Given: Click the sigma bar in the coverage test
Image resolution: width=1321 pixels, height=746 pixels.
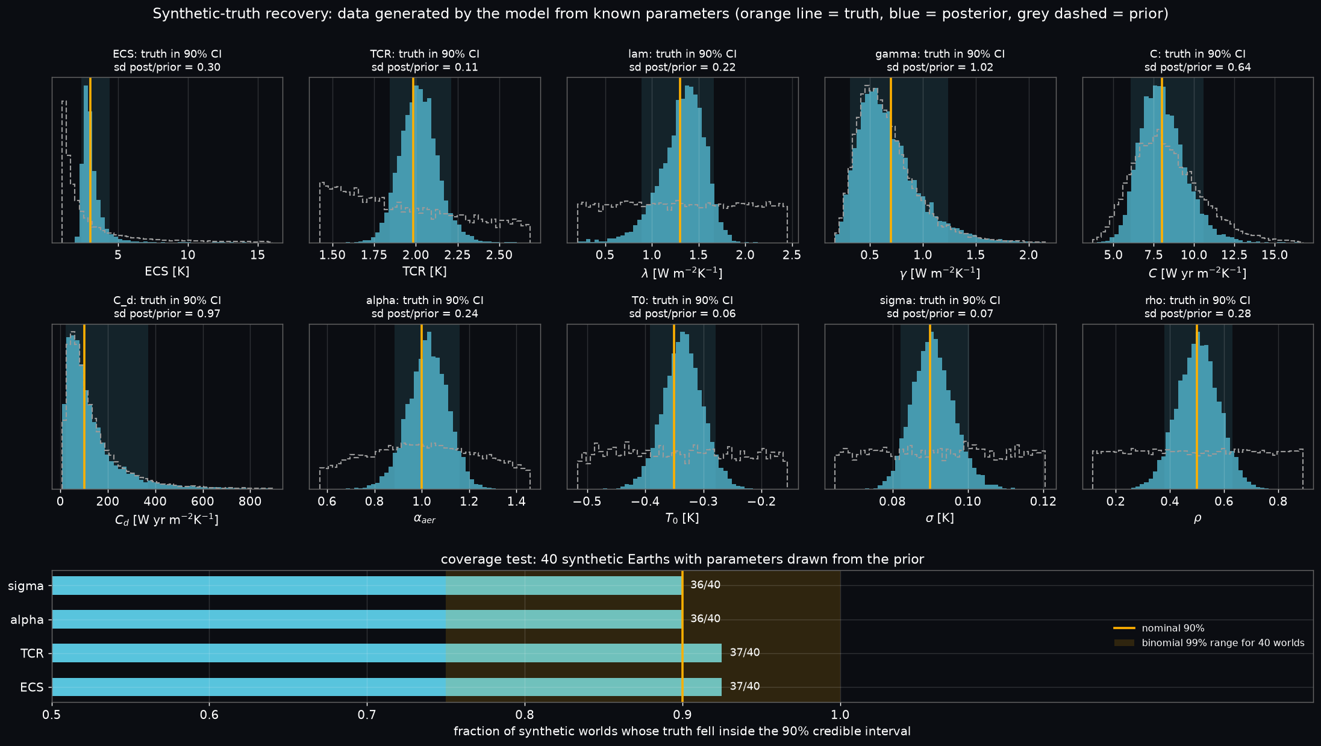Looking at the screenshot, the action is click(x=367, y=585).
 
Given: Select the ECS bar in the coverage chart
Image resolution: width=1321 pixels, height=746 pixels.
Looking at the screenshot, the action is click(x=387, y=687).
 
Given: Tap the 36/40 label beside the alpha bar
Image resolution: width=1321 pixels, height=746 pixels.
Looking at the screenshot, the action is click(x=705, y=619).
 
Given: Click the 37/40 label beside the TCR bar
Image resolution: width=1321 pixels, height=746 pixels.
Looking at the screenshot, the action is click(x=745, y=653).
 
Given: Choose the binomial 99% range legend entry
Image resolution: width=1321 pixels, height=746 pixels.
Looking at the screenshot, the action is click(x=1209, y=643).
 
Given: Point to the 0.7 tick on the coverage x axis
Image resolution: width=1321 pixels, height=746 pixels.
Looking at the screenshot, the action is click(x=367, y=715).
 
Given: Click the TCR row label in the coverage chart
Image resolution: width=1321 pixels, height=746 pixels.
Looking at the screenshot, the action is click(x=32, y=653).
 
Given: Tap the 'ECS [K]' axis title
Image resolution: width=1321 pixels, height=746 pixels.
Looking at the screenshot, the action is click(x=167, y=272).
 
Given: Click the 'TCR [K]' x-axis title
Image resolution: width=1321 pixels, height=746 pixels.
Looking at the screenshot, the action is click(x=425, y=272).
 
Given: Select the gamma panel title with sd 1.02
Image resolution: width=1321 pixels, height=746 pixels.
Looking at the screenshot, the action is click(x=940, y=60).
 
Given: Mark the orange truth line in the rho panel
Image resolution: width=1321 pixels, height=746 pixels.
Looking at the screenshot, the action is click(x=1197, y=406).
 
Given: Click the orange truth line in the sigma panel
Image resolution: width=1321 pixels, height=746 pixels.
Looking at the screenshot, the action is click(x=930, y=406).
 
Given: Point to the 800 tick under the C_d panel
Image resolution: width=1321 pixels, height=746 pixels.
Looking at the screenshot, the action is click(x=250, y=502).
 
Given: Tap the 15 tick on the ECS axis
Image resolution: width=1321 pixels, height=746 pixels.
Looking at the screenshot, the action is click(x=258, y=255).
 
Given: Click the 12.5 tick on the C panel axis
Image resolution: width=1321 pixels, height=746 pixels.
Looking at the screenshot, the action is click(x=1234, y=255).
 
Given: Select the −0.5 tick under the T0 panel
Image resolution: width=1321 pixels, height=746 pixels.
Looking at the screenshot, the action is click(x=587, y=502).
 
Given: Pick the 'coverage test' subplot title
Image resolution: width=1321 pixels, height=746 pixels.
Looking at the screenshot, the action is click(x=682, y=559).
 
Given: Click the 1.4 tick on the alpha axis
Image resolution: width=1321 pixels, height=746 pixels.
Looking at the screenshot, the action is click(x=516, y=502).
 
